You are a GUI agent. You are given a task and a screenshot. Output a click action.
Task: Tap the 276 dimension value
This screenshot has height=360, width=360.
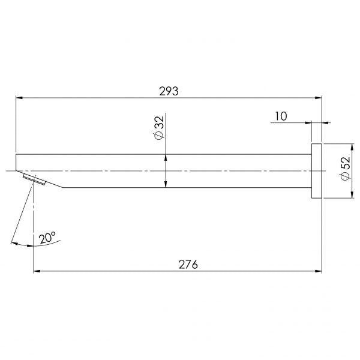tap(188, 264)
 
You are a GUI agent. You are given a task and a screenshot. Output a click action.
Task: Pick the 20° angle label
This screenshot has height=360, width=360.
tap(48, 238)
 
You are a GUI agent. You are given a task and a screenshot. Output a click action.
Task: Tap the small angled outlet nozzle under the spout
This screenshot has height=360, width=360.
tap(35, 179)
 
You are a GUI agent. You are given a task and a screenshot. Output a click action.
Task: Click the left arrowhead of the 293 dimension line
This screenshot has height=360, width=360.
tap(18, 98)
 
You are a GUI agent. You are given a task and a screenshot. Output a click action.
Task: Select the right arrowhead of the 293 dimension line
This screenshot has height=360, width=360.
tap(319, 98)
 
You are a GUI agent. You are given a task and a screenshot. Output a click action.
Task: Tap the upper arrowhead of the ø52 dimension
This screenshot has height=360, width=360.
tap(352, 146)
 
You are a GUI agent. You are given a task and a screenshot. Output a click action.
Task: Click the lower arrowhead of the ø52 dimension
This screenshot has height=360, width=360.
tap(352, 196)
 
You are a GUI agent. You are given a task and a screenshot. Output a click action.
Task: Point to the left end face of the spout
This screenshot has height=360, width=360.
tap(17, 163)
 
